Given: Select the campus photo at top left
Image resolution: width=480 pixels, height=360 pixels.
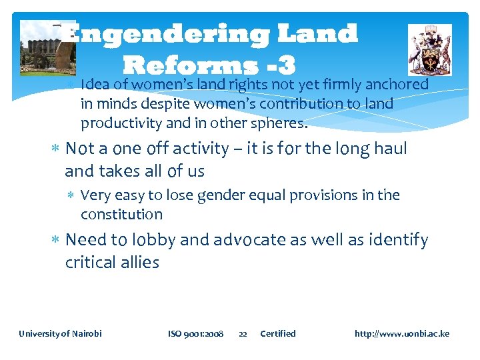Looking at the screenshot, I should [x=39, y=48].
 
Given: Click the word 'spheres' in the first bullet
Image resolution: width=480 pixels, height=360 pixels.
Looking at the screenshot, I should [x=282, y=123].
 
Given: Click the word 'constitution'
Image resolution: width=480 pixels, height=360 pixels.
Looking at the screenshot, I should [x=121, y=214].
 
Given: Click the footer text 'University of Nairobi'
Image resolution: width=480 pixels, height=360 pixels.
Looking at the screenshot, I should [x=60, y=333].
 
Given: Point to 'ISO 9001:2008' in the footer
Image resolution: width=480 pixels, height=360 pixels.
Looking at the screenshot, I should [x=195, y=333].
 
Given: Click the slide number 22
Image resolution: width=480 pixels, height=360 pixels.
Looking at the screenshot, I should [x=243, y=333].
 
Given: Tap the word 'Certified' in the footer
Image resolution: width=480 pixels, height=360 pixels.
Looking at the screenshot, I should [x=277, y=333].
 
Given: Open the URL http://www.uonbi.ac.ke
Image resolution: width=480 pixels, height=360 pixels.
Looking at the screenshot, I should [x=401, y=333].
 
